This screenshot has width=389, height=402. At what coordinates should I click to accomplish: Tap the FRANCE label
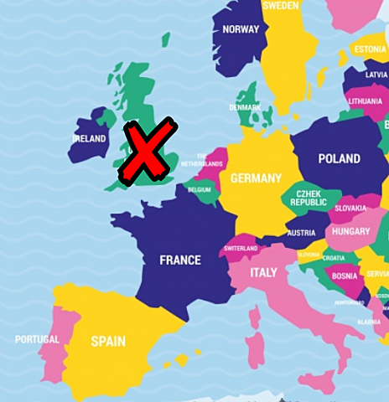coord(180,260)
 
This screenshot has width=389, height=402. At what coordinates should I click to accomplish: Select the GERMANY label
coord(256,178)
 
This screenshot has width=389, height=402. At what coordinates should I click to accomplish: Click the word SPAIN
coord(108,341)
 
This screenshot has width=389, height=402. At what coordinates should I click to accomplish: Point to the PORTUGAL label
coord(37,339)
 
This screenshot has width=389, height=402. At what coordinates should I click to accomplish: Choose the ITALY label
coord(263,273)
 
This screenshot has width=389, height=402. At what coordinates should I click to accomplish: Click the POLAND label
coord(339,158)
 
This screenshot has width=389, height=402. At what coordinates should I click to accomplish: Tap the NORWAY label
coord(241,30)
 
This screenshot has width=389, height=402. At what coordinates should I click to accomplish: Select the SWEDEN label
coord(280,5)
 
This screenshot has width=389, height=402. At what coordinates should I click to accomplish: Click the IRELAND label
coord(90,139)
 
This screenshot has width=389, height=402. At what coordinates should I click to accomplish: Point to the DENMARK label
coord(245,107)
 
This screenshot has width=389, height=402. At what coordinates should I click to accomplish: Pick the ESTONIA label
coord(369,49)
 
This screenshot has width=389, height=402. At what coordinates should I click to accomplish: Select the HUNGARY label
coord(350,231)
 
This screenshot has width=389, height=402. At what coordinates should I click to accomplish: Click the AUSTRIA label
coord(301,233)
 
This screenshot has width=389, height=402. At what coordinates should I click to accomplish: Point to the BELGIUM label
coord(200,190)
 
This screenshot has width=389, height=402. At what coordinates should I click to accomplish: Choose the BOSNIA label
coord(345,276)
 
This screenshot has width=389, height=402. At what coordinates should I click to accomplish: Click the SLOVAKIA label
coord(350,209)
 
